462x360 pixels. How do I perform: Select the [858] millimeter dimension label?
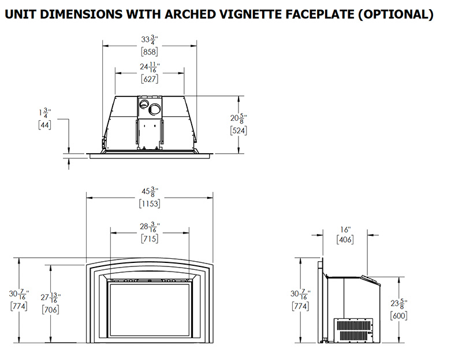[x=150, y=52]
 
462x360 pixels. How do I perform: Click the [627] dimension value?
[x=150, y=79]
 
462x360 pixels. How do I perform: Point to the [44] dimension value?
[x=44, y=124]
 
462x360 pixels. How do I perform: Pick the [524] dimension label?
[x=239, y=131]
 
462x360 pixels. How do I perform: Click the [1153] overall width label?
[x=150, y=203]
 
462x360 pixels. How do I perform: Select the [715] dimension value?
[x=150, y=239]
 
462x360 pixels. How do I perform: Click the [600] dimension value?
[x=398, y=316]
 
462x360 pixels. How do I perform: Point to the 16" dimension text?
[x=345, y=230]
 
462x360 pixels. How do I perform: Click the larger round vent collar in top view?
[x=154, y=109]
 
